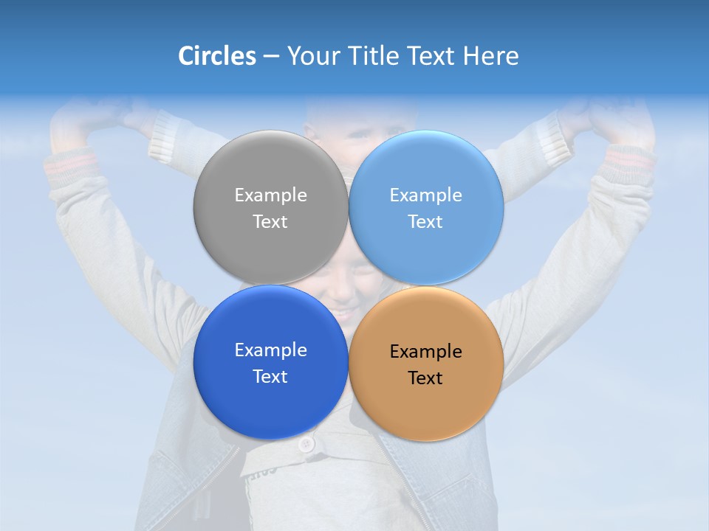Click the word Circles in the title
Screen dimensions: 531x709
pyautogui.click(x=217, y=56)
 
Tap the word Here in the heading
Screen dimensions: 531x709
pyautogui.click(x=491, y=56)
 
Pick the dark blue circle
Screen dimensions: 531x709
pyautogui.click(x=270, y=398)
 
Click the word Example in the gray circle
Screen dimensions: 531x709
pyautogui.click(x=270, y=195)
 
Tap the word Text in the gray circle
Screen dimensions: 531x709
pyautogui.click(x=270, y=222)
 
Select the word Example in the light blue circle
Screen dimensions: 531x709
pyautogui.click(x=426, y=195)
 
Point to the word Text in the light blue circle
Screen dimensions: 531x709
pyautogui.click(x=425, y=222)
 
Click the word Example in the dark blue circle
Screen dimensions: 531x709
pyautogui.click(x=270, y=350)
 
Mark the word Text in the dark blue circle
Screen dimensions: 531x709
pyautogui.click(x=270, y=377)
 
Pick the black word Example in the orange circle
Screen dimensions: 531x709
pyautogui.click(x=426, y=352)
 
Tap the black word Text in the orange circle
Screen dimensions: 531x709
pyautogui.click(x=425, y=378)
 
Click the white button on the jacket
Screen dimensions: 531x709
pyautogui.click(x=306, y=444)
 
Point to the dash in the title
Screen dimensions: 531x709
pyautogui.click(x=271, y=57)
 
